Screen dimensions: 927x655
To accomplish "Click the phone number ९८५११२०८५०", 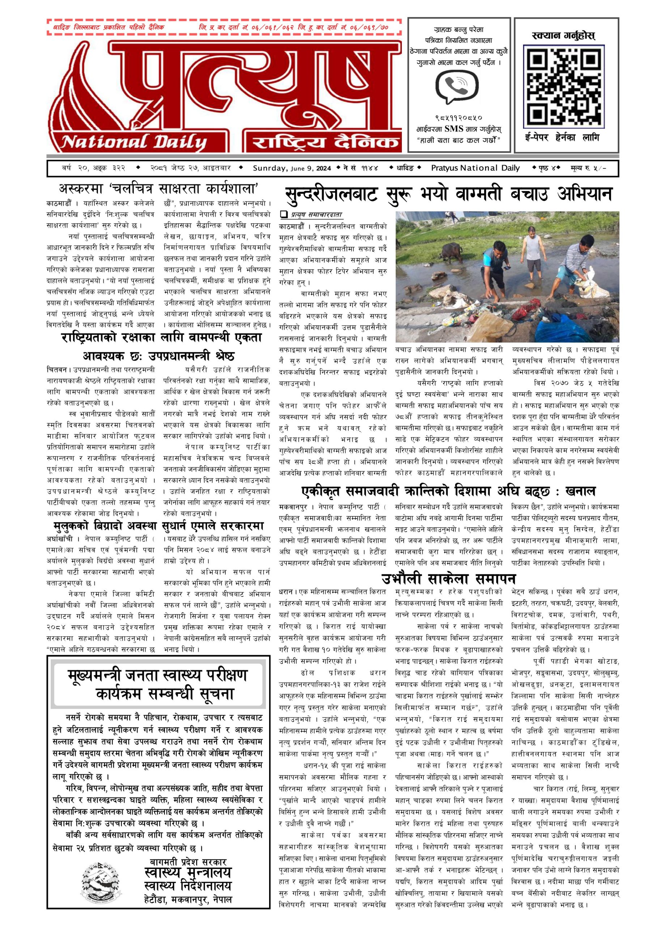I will tap(459, 118).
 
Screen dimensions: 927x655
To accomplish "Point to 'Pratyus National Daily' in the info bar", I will tap(475, 168).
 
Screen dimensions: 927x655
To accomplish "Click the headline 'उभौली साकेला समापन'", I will tap(449, 579).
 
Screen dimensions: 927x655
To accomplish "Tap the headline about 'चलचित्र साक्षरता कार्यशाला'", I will tap(158, 189).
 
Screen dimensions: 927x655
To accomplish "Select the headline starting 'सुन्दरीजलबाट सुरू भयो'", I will tap(448, 194).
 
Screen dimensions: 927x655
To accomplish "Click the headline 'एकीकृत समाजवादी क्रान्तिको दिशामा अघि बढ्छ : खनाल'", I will tap(448, 491).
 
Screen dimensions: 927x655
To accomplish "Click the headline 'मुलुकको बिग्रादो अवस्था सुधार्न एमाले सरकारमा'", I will tap(158, 526).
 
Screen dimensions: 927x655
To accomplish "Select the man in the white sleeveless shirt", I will tap(532, 253).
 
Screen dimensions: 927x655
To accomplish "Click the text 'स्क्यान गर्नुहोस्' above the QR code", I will tap(563, 35).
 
